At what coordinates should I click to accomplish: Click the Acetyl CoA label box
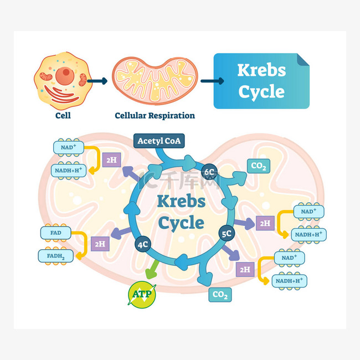pyautogui.click(x=159, y=141)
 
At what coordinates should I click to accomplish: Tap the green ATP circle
pyautogui.click(x=142, y=295)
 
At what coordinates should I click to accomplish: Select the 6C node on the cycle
pyautogui.click(x=209, y=172)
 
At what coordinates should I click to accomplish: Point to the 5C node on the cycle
pyautogui.click(x=227, y=234)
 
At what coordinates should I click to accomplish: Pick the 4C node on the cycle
pyautogui.click(x=143, y=244)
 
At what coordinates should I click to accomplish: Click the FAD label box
pyautogui.click(x=56, y=233)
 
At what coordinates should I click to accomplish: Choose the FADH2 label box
pyautogui.click(x=56, y=256)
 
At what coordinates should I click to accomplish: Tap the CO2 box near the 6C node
pyautogui.click(x=259, y=166)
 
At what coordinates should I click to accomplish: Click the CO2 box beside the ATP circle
pyautogui.click(x=220, y=295)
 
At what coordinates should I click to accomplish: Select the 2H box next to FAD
pyautogui.click(x=100, y=244)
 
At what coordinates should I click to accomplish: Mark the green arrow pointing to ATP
pyautogui.click(x=152, y=269)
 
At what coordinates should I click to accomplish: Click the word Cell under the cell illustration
pyautogui.click(x=63, y=115)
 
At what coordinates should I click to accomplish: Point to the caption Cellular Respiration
pyautogui.click(x=155, y=116)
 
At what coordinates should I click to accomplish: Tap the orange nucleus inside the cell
pyautogui.click(x=65, y=76)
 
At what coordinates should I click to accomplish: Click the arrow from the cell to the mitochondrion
pyautogui.click(x=97, y=81)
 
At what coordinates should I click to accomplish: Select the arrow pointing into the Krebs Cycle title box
pyautogui.click(x=212, y=81)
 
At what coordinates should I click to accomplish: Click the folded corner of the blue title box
pyautogui.click(x=302, y=59)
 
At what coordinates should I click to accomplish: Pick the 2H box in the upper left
pyautogui.click(x=111, y=160)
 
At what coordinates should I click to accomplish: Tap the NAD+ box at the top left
pyautogui.click(x=69, y=147)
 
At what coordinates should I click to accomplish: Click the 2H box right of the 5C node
pyautogui.click(x=265, y=223)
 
